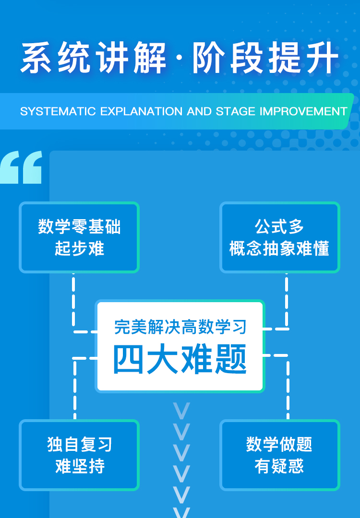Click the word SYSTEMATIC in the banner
[x=58, y=111]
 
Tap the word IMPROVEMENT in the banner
[x=303, y=111]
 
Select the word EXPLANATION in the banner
[x=141, y=111]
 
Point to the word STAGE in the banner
[x=235, y=111]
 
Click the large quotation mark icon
[x=21, y=167]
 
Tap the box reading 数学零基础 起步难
[x=79, y=237]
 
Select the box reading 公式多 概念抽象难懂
[x=280, y=237]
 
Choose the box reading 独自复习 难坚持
[x=79, y=455]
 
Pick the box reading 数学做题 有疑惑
[x=280, y=455]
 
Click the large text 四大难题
[x=180, y=359]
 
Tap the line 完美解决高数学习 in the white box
[x=180, y=327]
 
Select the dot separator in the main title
[x=179, y=58]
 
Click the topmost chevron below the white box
[x=181, y=411]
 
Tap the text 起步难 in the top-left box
[x=79, y=248]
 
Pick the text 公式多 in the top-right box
[x=279, y=226]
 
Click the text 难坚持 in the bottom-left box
[x=80, y=466]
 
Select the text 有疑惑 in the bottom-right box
[x=279, y=466]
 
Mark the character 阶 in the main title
[x=209, y=58]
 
